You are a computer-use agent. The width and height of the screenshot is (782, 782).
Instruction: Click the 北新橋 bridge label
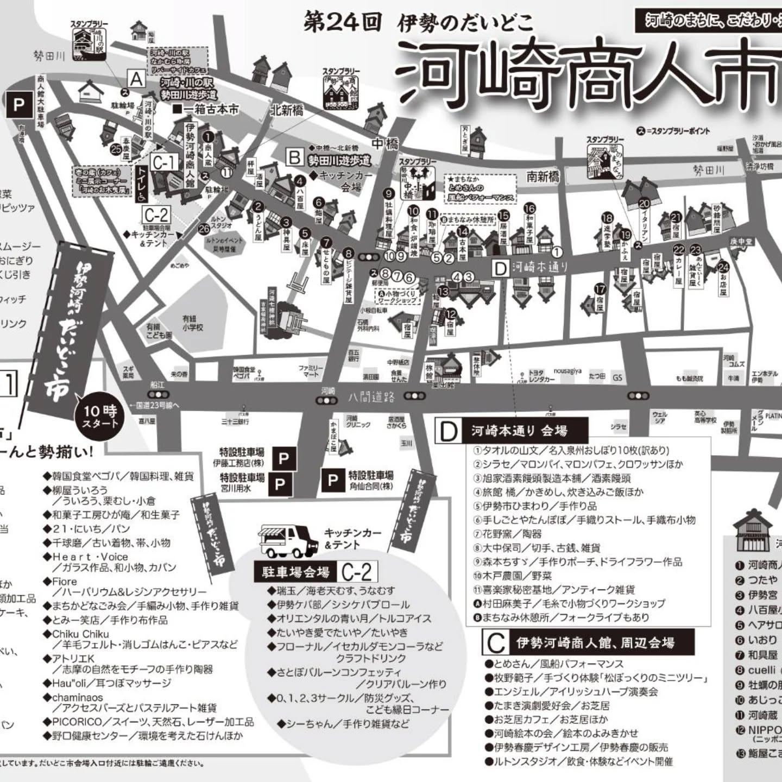[287, 110]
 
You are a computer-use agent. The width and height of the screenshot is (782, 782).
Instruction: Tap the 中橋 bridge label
[385, 144]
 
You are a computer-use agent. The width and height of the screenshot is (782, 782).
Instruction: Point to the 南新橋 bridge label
[543, 176]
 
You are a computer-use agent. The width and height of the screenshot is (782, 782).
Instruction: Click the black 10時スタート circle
[99, 417]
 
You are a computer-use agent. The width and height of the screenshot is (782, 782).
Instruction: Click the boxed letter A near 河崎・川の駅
[136, 79]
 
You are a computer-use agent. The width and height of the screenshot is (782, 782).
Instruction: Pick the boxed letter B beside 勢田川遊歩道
[294, 158]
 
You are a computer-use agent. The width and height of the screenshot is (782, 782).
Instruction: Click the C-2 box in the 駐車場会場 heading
[357, 572]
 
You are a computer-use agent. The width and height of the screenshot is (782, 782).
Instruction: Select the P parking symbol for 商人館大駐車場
[19, 104]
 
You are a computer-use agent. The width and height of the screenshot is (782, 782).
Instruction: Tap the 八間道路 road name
[371, 398]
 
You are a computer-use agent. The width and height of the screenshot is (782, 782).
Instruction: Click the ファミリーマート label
[311, 371]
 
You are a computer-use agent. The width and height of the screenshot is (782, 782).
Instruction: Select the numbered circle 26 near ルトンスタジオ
[204, 229]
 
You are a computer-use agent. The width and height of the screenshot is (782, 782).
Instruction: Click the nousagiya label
[567, 371]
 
